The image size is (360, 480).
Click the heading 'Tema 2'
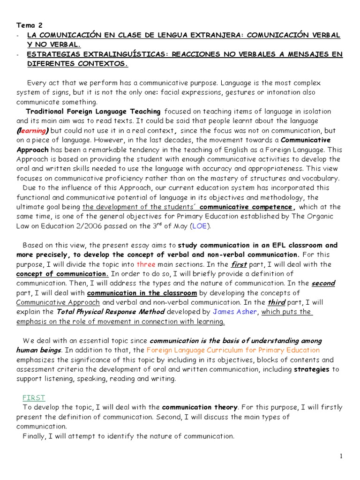tap(29, 25)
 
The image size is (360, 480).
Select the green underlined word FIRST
tap(34, 397)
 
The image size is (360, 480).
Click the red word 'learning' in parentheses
tap(33, 130)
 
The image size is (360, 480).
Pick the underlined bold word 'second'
tap(323, 283)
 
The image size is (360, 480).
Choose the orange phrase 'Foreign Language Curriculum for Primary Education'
tap(233, 350)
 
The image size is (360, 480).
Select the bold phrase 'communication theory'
tap(200, 407)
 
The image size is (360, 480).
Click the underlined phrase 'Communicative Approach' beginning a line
tap(58, 302)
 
